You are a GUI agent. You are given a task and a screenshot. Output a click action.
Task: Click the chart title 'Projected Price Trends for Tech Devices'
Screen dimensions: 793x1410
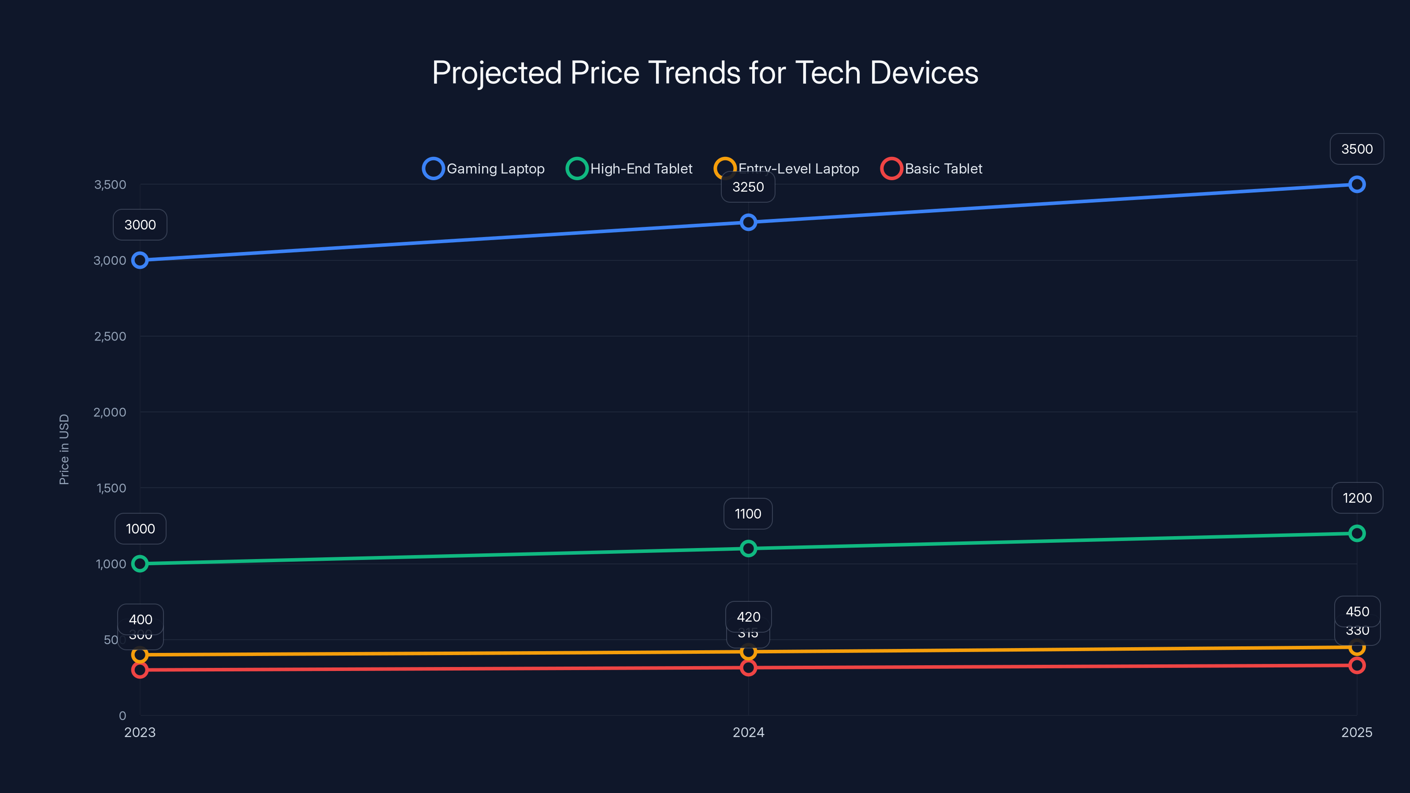pos(705,73)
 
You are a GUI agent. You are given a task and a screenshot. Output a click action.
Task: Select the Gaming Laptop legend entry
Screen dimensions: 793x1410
pos(484,169)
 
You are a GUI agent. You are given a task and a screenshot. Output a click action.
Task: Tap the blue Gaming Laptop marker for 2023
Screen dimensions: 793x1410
pos(140,260)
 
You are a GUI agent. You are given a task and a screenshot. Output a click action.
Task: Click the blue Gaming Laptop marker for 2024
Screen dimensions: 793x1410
pos(748,222)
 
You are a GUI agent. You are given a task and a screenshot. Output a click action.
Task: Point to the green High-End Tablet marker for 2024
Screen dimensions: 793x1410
pos(748,548)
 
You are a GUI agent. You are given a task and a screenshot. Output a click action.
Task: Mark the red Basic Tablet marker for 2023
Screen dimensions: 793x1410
pos(140,670)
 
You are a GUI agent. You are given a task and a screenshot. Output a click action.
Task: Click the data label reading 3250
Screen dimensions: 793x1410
pos(748,187)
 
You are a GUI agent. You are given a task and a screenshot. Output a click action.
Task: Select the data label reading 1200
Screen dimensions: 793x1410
pos(1357,498)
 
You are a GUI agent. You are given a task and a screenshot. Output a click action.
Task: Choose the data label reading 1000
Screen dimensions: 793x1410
pos(140,529)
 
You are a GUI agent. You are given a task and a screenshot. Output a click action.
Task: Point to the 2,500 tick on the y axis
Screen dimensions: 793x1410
pos(110,337)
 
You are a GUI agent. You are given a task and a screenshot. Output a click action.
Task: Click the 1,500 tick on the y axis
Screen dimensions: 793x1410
pos(111,488)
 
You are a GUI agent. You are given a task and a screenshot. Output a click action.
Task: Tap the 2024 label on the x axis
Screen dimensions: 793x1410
pos(748,732)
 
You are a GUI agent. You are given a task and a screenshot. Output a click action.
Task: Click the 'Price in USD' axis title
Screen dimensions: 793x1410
pos(64,449)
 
